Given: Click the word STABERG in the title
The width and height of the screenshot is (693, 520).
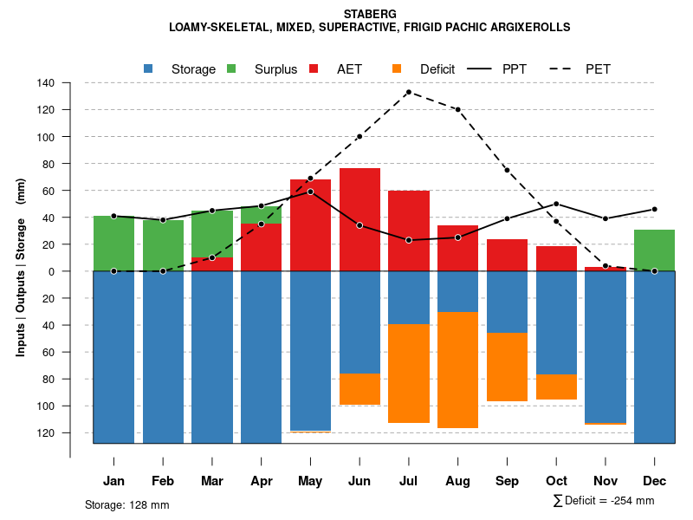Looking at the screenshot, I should pos(370,14).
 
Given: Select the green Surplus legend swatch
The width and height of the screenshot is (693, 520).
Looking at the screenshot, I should pos(231,68).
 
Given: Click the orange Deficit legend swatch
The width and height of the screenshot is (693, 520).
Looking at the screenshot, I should pos(397,68).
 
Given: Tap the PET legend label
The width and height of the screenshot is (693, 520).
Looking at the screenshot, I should pos(598,68).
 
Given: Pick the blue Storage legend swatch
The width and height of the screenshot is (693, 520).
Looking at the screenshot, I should pos(148,68).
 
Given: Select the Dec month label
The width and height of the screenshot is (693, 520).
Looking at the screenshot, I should pos(655,481).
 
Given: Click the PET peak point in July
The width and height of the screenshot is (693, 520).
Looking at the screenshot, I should pos(408,92).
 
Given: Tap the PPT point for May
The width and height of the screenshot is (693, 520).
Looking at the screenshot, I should pos(310,192).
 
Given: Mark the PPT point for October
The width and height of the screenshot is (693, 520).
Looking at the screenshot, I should pos(556,204).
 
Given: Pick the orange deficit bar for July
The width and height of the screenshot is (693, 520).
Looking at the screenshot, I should pos(408,374).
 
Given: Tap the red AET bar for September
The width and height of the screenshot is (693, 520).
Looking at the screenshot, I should pos(507,255).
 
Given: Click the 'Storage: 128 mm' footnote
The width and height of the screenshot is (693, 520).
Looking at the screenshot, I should pos(127,504).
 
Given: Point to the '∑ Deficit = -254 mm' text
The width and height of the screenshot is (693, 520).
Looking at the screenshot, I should pos(603,501).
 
